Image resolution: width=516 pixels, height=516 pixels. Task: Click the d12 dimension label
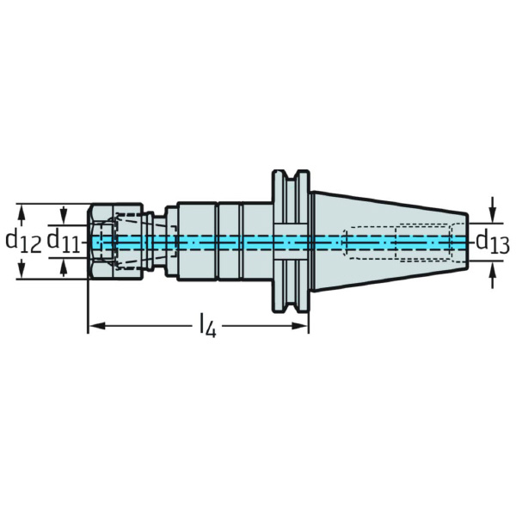(x=23, y=242)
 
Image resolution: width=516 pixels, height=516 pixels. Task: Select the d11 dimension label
(x=64, y=241)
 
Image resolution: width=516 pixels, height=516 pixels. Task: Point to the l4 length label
(x=207, y=327)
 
